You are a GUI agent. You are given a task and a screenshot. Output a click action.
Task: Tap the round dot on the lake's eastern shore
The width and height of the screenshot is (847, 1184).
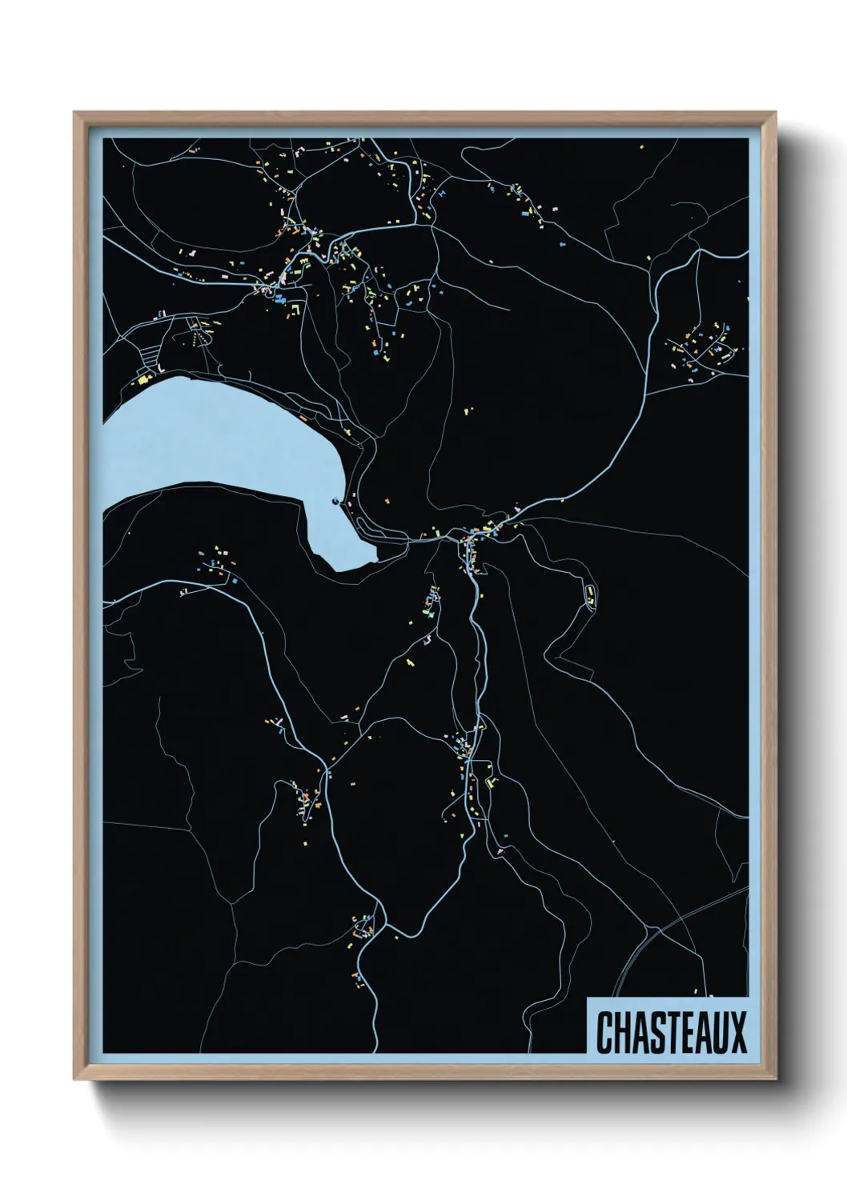(334, 502)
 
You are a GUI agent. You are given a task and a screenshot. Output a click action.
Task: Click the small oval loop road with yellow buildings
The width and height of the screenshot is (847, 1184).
(591, 596)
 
